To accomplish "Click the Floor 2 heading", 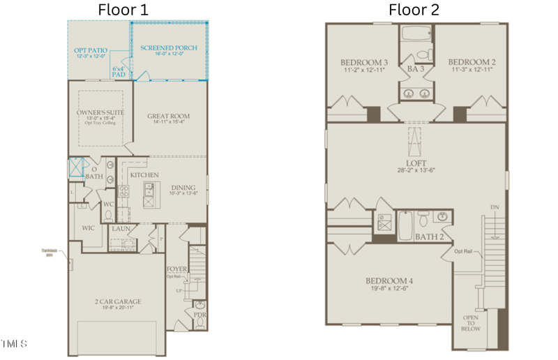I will tap(414, 10).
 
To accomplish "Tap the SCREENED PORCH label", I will tap(168, 48).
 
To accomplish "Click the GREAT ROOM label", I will tap(168, 117).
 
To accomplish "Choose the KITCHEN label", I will tap(144, 174).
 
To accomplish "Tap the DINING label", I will tap(183, 187).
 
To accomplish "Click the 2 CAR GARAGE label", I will tap(118, 301).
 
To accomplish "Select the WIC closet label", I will tap(88, 227).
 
